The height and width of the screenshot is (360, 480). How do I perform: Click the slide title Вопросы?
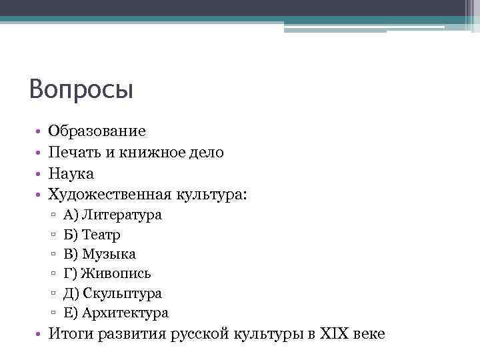tap(81, 89)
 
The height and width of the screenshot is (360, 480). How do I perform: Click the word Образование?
tap(97, 132)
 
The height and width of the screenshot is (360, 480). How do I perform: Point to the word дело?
tap(205, 153)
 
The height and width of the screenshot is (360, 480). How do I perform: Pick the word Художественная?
tap(110, 195)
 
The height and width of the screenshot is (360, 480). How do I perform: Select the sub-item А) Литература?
tap(113, 215)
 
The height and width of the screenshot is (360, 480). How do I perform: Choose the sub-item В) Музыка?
tap(99, 254)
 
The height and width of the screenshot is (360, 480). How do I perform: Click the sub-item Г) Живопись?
tap(107, 273)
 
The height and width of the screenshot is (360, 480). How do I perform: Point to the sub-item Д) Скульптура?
tap(113, 293)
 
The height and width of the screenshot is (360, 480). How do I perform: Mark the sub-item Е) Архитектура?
tap(116, 313)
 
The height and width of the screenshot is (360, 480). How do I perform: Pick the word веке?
tap(369, 334)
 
